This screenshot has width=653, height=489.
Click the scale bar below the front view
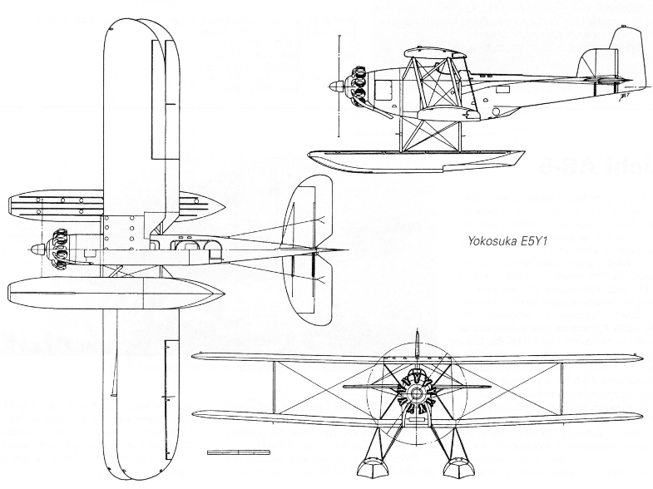[x=238, y=452]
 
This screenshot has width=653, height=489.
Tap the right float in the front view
[x=458, y=470]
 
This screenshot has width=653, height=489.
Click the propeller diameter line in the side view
[x=339, y=87]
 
